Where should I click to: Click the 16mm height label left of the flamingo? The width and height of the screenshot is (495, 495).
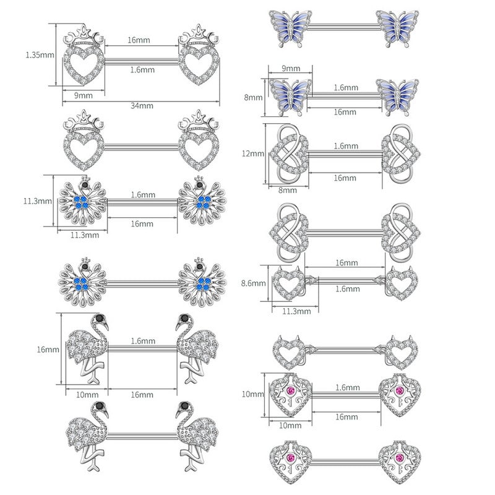[48, 350]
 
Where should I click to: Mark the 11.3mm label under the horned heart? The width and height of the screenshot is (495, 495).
[296, 311]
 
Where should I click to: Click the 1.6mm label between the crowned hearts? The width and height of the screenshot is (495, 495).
[142, 70]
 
